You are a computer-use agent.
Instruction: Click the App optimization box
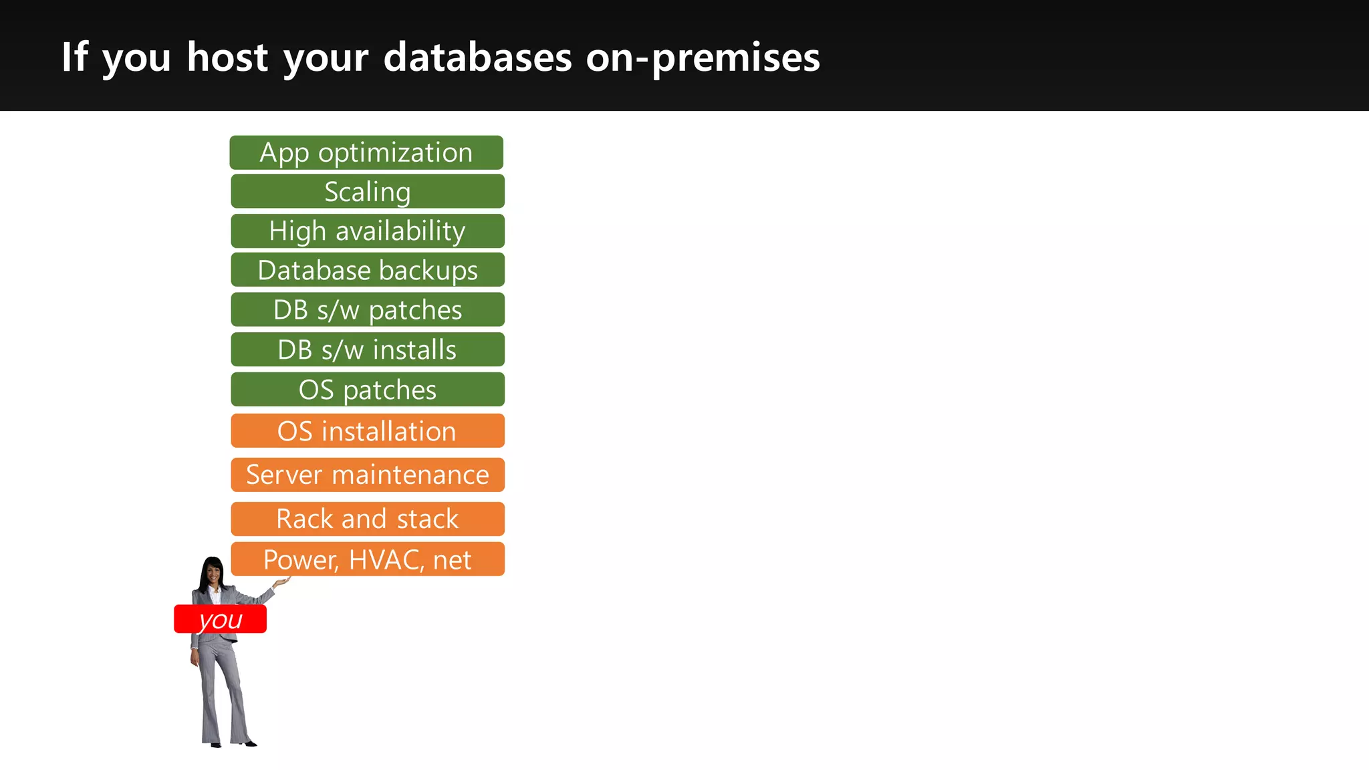[366, 152]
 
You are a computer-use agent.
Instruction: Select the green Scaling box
[368, 192]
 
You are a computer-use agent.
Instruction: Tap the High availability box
[368, 231]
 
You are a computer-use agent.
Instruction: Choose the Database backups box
[368, 270]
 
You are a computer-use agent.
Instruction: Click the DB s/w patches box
[368, 309]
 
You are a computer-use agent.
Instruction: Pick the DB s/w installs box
[368, 350]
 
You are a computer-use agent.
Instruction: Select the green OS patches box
[368, 390]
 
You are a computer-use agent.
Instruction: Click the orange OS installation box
[368, 431]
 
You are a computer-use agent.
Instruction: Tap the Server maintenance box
[368, 475]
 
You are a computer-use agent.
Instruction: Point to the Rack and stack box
[368, 519]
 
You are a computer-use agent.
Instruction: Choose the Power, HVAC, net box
[368, 559]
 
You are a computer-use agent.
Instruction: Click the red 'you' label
[220, 620]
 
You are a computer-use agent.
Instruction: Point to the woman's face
[213, 573]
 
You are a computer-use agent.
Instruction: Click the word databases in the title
[477, 57]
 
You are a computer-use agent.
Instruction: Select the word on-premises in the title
[703, 57]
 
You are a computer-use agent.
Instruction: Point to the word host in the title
[227, 57]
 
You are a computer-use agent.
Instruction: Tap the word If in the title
[74, 57]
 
